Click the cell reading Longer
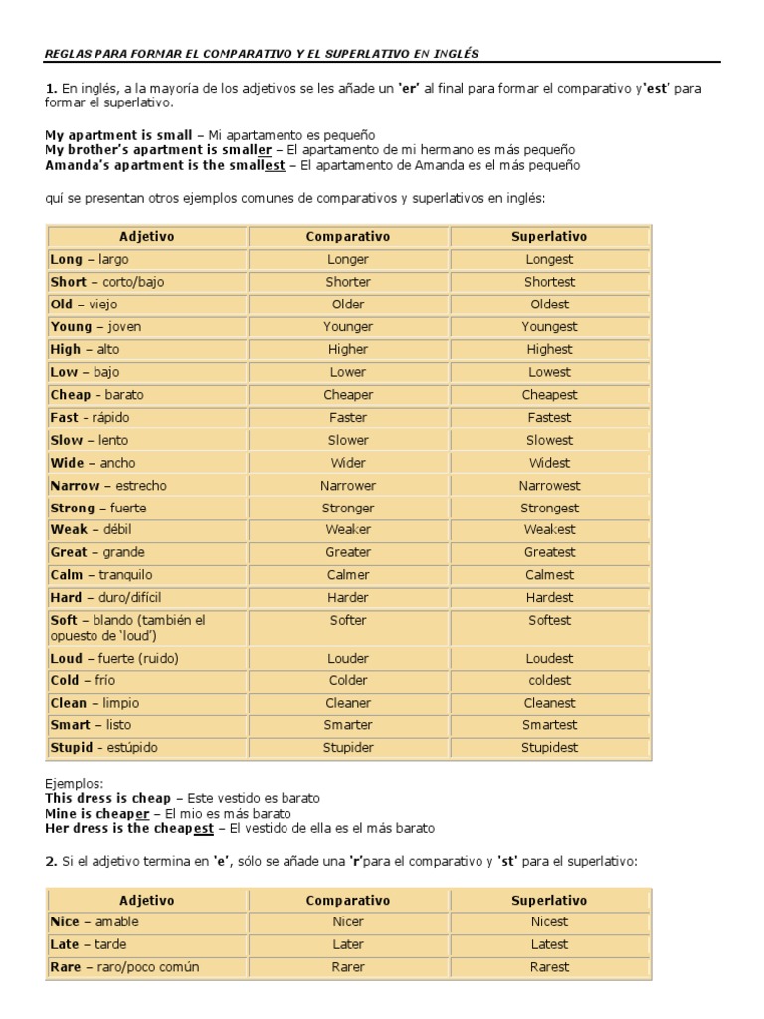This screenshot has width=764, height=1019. tap(348, 259)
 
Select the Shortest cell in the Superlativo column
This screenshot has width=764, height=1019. tap(549, 282)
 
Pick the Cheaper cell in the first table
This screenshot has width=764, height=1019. tap(348, 395)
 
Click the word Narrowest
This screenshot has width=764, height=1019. tap(549, 486)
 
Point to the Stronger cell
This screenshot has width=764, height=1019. tap(348, 509)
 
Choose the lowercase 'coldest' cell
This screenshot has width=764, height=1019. tap(549, 681)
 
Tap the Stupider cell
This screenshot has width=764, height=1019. tap(348, 748)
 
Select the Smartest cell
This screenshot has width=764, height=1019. tap(549, 725)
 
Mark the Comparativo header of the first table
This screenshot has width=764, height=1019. tap(348, 236)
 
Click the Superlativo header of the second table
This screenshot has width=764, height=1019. tap(549, 900)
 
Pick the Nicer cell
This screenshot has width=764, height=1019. tap(348, 922)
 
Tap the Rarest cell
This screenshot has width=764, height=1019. tap(549, 967)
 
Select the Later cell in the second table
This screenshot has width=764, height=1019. tap(348, 944)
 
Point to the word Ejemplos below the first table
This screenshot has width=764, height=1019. tap(74, 784)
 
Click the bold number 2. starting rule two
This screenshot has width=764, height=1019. tap(51, 860)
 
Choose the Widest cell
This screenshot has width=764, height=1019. tap(549, 463)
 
